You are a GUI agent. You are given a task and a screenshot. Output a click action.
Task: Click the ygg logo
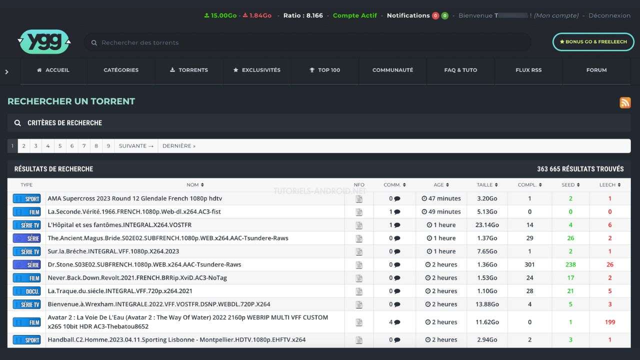[44, 41]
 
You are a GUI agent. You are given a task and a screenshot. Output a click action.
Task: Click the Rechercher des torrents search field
[307, 42]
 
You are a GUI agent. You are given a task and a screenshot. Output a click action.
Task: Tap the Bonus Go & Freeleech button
[593, 41]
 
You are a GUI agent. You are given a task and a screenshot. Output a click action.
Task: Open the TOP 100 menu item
[325, 70]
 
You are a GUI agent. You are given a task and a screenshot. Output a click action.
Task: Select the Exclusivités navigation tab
[257, 70]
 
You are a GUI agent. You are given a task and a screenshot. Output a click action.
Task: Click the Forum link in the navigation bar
[596, 70]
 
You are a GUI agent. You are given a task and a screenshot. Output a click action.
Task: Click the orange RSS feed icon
[625, 102]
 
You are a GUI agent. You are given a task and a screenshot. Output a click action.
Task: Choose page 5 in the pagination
[60, 146]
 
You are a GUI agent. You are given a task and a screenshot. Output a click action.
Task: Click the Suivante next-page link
[136, 146]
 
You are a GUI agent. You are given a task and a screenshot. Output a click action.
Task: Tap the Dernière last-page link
[179, 146]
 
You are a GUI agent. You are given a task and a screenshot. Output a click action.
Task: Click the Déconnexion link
[609, 15]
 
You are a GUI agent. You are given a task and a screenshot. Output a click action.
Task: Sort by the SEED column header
[570, 185]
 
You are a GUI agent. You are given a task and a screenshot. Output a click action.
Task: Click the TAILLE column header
[487, 185]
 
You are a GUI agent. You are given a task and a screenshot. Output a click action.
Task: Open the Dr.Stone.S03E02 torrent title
[144, 264]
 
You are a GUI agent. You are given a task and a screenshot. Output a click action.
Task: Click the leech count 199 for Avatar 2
[609, 322]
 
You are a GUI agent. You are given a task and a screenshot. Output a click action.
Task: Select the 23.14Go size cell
[487, 225]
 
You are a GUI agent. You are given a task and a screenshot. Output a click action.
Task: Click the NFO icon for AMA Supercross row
[359, 198]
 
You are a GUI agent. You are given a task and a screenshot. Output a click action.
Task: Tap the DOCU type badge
[27, 291]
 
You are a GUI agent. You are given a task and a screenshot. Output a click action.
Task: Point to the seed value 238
[570, 264]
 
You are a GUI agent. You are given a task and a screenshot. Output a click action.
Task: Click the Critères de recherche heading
[64, 123]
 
